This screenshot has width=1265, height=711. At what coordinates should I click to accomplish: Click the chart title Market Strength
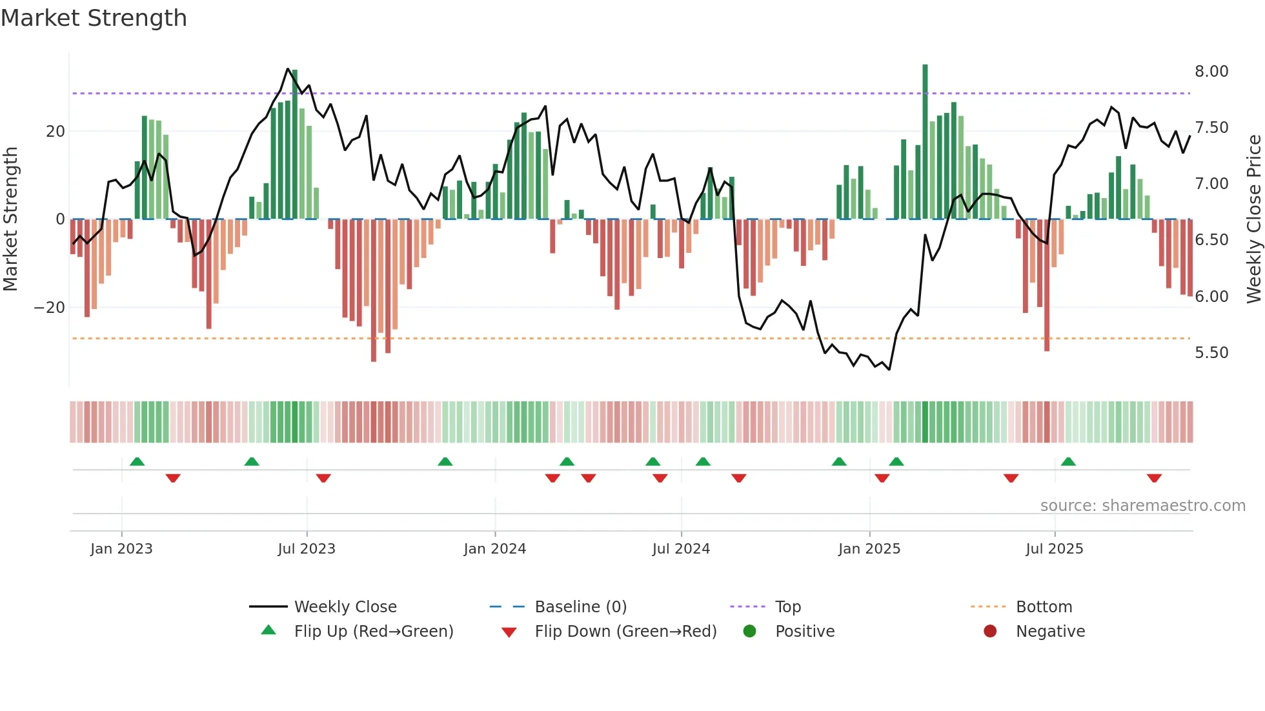tap(94, 18)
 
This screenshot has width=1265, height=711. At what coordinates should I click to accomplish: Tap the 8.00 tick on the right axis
tap(1211, 72)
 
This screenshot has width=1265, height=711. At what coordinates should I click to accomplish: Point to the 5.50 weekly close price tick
tap(1211, 353)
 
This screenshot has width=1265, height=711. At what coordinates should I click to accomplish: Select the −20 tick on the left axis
tap(50, 308)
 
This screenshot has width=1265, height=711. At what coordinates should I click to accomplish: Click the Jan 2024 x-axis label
tap(494, 549)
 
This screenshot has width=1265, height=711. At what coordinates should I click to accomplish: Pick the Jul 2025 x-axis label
tap(1054, 549)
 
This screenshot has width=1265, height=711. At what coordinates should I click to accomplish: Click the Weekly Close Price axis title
tap(1253, 219)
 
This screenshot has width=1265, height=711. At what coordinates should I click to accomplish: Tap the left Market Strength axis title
tap(11, 219)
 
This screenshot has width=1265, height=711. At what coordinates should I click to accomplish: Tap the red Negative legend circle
tap(990, 631)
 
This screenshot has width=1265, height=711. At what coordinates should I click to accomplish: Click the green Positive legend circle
tap(749, 631)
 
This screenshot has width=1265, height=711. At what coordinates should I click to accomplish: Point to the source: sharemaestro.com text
tap(1142, 506)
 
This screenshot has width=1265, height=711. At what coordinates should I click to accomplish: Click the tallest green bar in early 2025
tap(925, 142)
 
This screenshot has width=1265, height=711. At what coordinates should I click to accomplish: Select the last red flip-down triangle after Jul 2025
tap(1154, 478)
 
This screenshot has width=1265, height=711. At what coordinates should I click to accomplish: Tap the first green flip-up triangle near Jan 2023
tap(137, 461)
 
